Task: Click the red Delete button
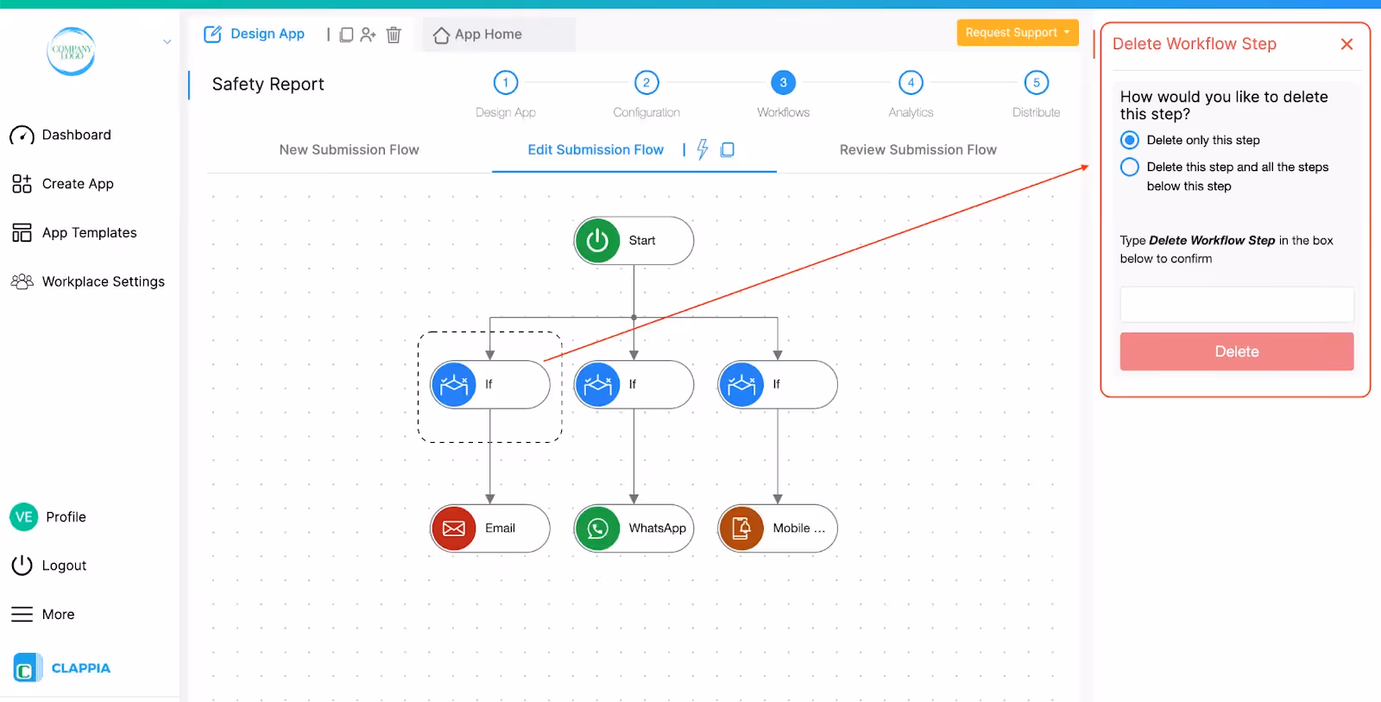1237,351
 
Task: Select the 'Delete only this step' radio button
1130,140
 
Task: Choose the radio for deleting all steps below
1130,168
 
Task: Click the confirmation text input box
1237,304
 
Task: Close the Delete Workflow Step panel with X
1346,44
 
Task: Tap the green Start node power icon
596,241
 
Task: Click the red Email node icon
454,528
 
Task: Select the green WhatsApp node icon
597,528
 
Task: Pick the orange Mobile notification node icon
741,528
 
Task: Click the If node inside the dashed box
490,384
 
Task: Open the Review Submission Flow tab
918,150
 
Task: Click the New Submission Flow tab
349,150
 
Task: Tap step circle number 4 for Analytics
911,83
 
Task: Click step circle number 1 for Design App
506,83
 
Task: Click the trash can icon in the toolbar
394,35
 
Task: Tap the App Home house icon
441,35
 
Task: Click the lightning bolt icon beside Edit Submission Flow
703,149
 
